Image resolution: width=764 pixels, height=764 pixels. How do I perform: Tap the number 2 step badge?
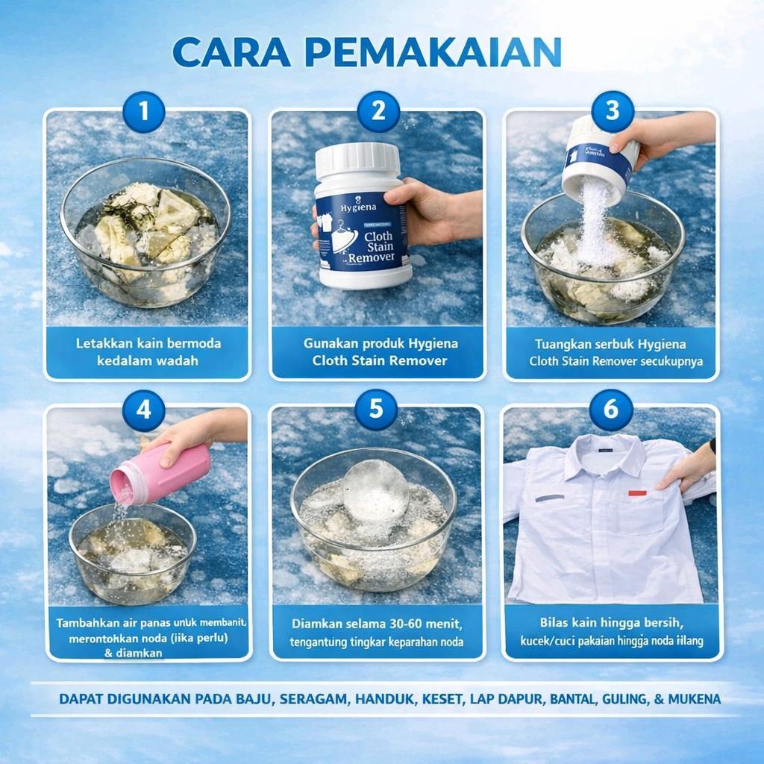(378, 112)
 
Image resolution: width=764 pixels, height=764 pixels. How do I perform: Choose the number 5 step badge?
(376, 409)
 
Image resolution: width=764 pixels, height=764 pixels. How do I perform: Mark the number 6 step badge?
(611, 410)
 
